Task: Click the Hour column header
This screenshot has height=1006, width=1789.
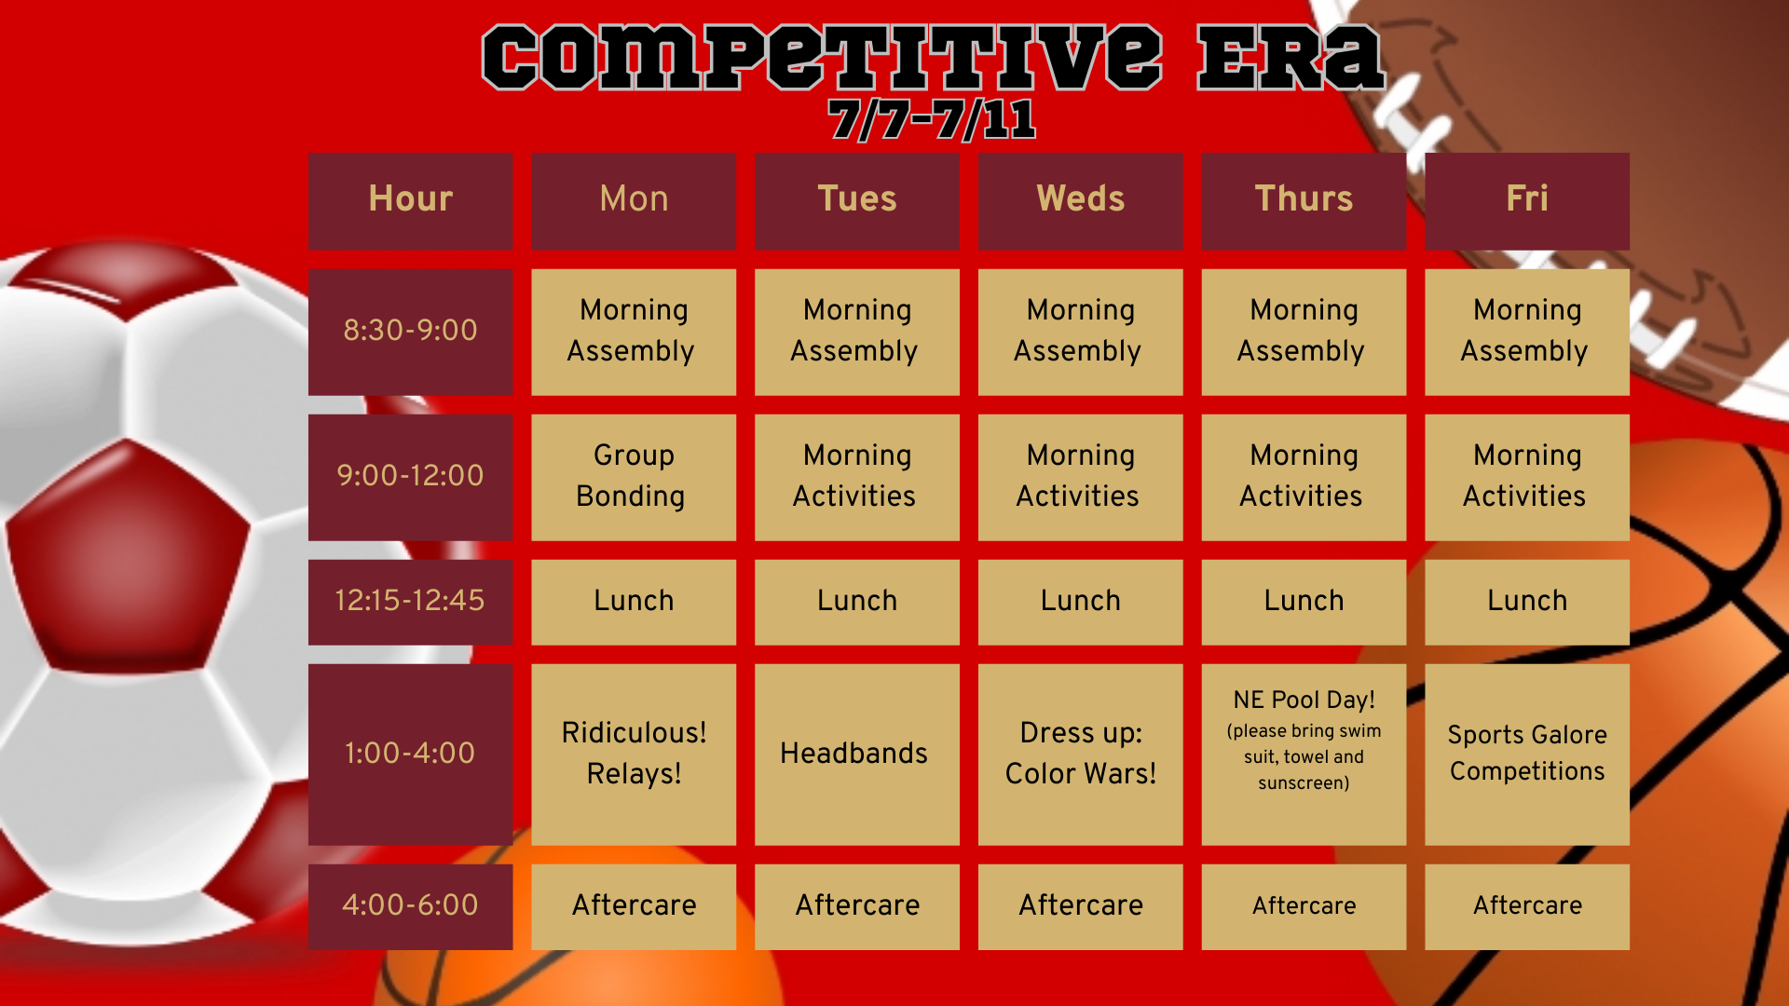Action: coord(410,200)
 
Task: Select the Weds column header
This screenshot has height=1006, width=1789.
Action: coord(1080,200)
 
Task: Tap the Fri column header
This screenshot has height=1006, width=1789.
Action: coord(1527,200)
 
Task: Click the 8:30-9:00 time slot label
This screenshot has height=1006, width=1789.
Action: coord(410,332)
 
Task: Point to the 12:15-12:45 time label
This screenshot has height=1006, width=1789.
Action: coord(410,602)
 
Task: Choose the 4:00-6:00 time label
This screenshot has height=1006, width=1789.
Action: coord(410,906)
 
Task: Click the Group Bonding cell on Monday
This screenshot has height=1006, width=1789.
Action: coord(634,477)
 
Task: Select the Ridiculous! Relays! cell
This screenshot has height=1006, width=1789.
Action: coord(634,754)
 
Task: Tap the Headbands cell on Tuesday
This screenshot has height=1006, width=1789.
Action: coord(856,754)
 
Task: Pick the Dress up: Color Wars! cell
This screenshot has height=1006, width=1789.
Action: coord(1080,754)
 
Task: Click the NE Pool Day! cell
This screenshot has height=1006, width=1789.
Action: coord(1304,754)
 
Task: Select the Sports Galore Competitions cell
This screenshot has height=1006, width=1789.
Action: coord(1527,754)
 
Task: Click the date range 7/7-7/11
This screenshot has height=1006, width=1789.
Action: coord(932,120)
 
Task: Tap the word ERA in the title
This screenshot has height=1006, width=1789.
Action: coord(1290,58)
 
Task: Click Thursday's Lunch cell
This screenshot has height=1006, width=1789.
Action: coord(1304,602)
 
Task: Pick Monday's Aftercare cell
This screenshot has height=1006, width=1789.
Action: coord(634,906)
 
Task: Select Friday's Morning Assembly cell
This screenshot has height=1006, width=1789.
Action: coord(1527,332)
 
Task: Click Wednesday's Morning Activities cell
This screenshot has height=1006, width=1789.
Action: coord(1080,477)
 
